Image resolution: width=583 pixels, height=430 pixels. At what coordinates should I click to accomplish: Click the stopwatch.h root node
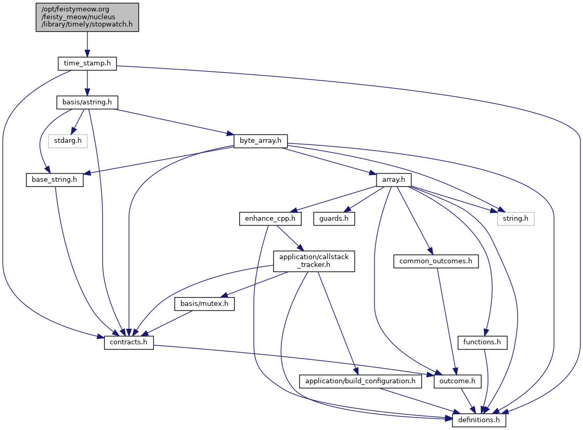click(87, 17)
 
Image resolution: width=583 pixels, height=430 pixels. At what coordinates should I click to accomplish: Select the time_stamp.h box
click(87, 63)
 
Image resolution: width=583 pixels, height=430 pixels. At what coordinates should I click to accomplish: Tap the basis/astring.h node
click(87, 102)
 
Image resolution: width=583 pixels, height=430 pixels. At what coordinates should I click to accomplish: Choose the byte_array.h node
click(261, 141)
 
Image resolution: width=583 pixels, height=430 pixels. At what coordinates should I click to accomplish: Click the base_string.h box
click(55, 180)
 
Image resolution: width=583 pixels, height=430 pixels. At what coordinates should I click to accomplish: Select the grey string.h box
click(515, 219)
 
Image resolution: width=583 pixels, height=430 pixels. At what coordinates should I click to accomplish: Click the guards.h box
click(334, 219)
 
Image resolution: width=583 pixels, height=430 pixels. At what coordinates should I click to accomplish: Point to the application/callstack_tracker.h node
click(314, 261)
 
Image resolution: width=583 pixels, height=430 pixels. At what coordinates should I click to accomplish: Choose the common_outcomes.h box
click(436, 261)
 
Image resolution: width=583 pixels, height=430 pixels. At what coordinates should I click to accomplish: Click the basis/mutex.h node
click(204, 304)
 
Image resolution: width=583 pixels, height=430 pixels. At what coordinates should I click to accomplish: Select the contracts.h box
click(129, 343)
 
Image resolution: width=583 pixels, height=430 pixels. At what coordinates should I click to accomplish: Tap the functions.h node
click(482, 343)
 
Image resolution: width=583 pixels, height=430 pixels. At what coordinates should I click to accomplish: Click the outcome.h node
click(457, 381)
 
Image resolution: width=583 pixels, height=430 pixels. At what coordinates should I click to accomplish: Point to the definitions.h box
click(479, 420)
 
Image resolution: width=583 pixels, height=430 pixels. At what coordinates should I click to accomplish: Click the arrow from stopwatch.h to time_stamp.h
click(87, 44)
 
